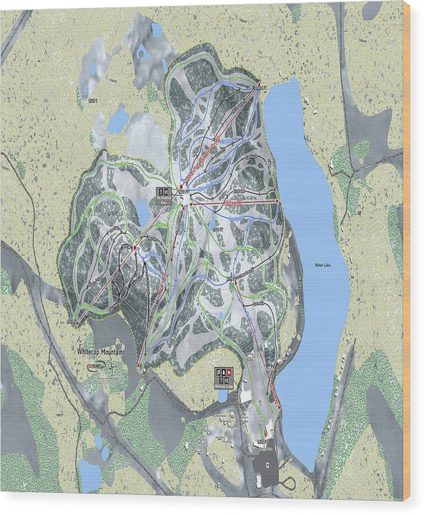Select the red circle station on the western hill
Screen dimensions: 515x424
click(133, 247)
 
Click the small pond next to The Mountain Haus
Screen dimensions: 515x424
click(143, 212)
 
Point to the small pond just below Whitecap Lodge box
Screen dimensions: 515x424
click(223, 396)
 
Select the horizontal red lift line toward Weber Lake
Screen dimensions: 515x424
click(232, 202)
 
